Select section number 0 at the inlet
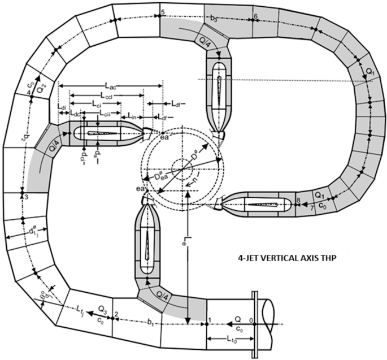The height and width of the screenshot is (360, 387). [x=251, y=320]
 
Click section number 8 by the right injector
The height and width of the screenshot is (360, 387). [x=298, y=201]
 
